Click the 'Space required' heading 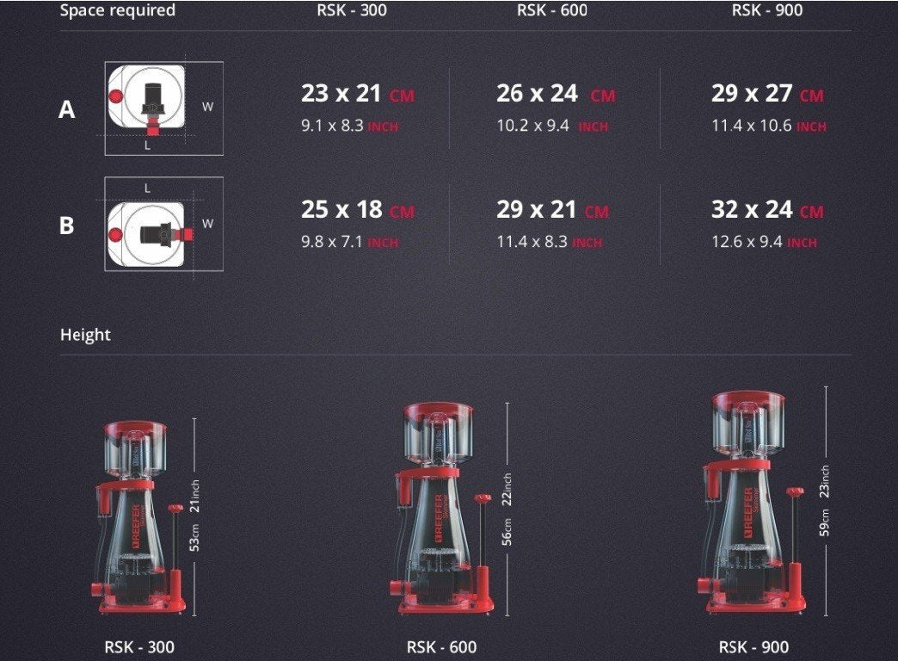point(117,10)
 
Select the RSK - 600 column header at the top point(552,9)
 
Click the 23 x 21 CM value point(357,94)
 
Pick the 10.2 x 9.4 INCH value point(553,126)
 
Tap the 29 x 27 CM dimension point(767,94)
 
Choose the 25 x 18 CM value point(357,210)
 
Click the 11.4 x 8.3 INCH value point(550,242)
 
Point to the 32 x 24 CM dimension point(767,210)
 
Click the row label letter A point(66,109)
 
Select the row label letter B point(66,225)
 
